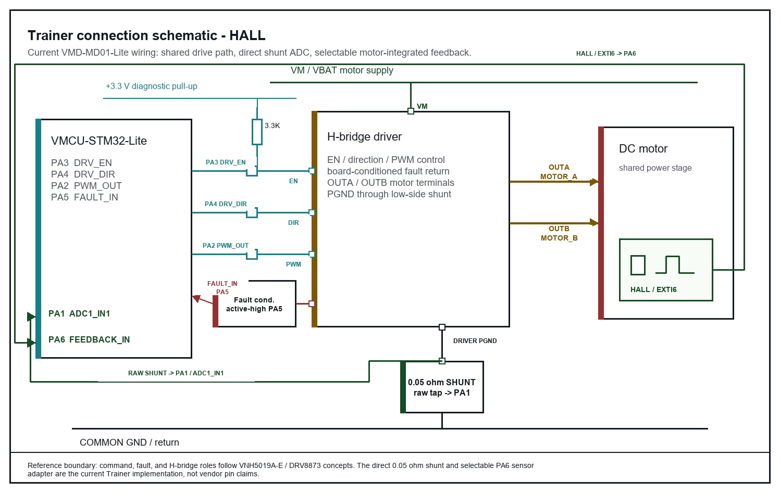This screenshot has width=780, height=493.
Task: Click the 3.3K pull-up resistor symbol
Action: (257, 132)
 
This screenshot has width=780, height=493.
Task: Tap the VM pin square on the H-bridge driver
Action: (411, 111)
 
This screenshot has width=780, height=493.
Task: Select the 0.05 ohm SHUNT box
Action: (442, 387)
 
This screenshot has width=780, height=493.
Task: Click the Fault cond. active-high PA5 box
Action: (255, 304)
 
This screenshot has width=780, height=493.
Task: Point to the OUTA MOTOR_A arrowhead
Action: (594, 182)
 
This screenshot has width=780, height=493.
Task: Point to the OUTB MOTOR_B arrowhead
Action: (594, 223)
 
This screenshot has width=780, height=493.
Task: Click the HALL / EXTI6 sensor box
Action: (666, 270)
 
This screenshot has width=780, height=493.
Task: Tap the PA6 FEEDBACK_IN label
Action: (89, 339)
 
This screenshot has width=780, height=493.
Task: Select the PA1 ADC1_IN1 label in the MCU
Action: (79, 313)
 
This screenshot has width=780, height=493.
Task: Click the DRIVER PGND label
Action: (475, 341)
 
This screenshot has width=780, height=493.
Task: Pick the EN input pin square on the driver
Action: (312, 171)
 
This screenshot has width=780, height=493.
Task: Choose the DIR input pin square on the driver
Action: (312, 212)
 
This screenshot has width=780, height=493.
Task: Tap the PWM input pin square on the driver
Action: (312, 255)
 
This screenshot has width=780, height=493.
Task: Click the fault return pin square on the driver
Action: (312, 304)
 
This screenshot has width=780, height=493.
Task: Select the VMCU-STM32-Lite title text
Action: (99, 141)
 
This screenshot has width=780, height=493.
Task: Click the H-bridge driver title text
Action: (364, 137)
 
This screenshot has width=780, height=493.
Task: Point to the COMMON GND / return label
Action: (130, 443)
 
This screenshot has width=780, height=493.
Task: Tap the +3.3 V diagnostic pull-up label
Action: (152, 86)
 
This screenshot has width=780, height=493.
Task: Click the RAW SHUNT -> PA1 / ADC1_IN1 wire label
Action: (176, 373)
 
